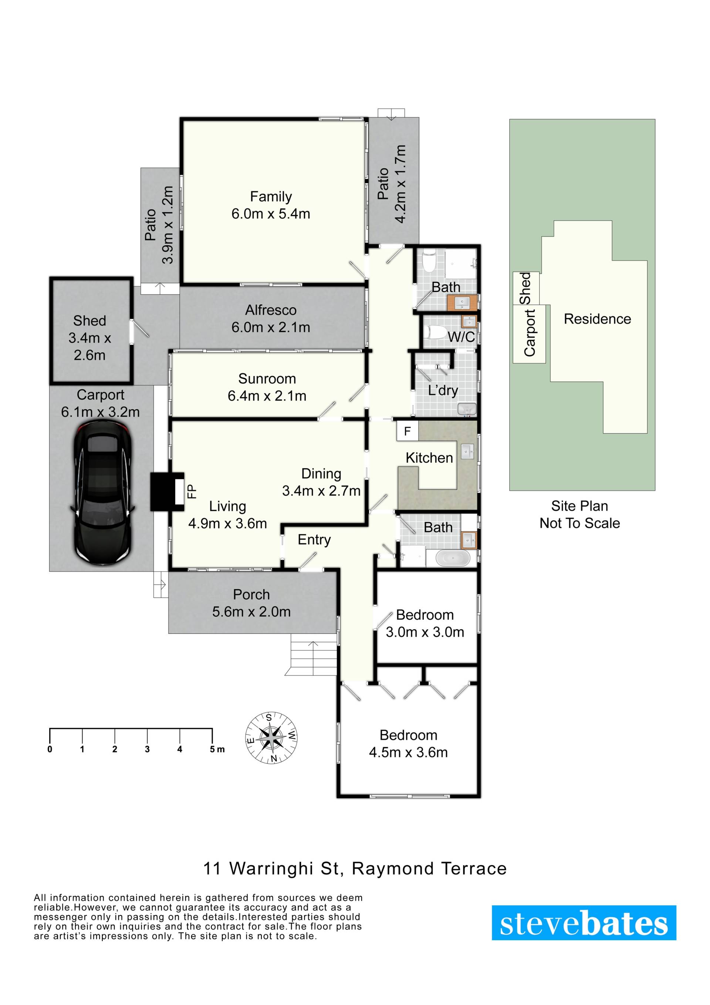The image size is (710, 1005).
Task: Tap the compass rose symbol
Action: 271,738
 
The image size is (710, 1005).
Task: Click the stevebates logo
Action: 584,923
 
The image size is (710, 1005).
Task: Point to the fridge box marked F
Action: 407,431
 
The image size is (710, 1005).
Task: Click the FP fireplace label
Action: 192,491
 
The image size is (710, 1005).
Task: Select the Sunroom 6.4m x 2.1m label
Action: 267,387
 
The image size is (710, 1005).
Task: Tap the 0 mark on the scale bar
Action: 50,749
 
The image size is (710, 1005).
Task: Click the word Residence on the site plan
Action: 597,319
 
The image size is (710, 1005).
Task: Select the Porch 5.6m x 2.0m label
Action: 251,603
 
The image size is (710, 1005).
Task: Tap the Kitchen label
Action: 429,458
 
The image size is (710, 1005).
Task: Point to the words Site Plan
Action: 579,506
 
